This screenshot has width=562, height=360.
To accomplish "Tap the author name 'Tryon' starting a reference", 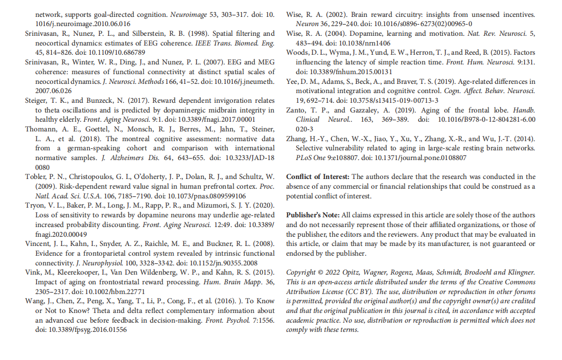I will coord(35,205).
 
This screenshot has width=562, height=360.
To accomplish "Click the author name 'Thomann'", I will coord(41,129).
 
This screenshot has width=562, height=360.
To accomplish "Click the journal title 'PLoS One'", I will coord(311,157).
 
